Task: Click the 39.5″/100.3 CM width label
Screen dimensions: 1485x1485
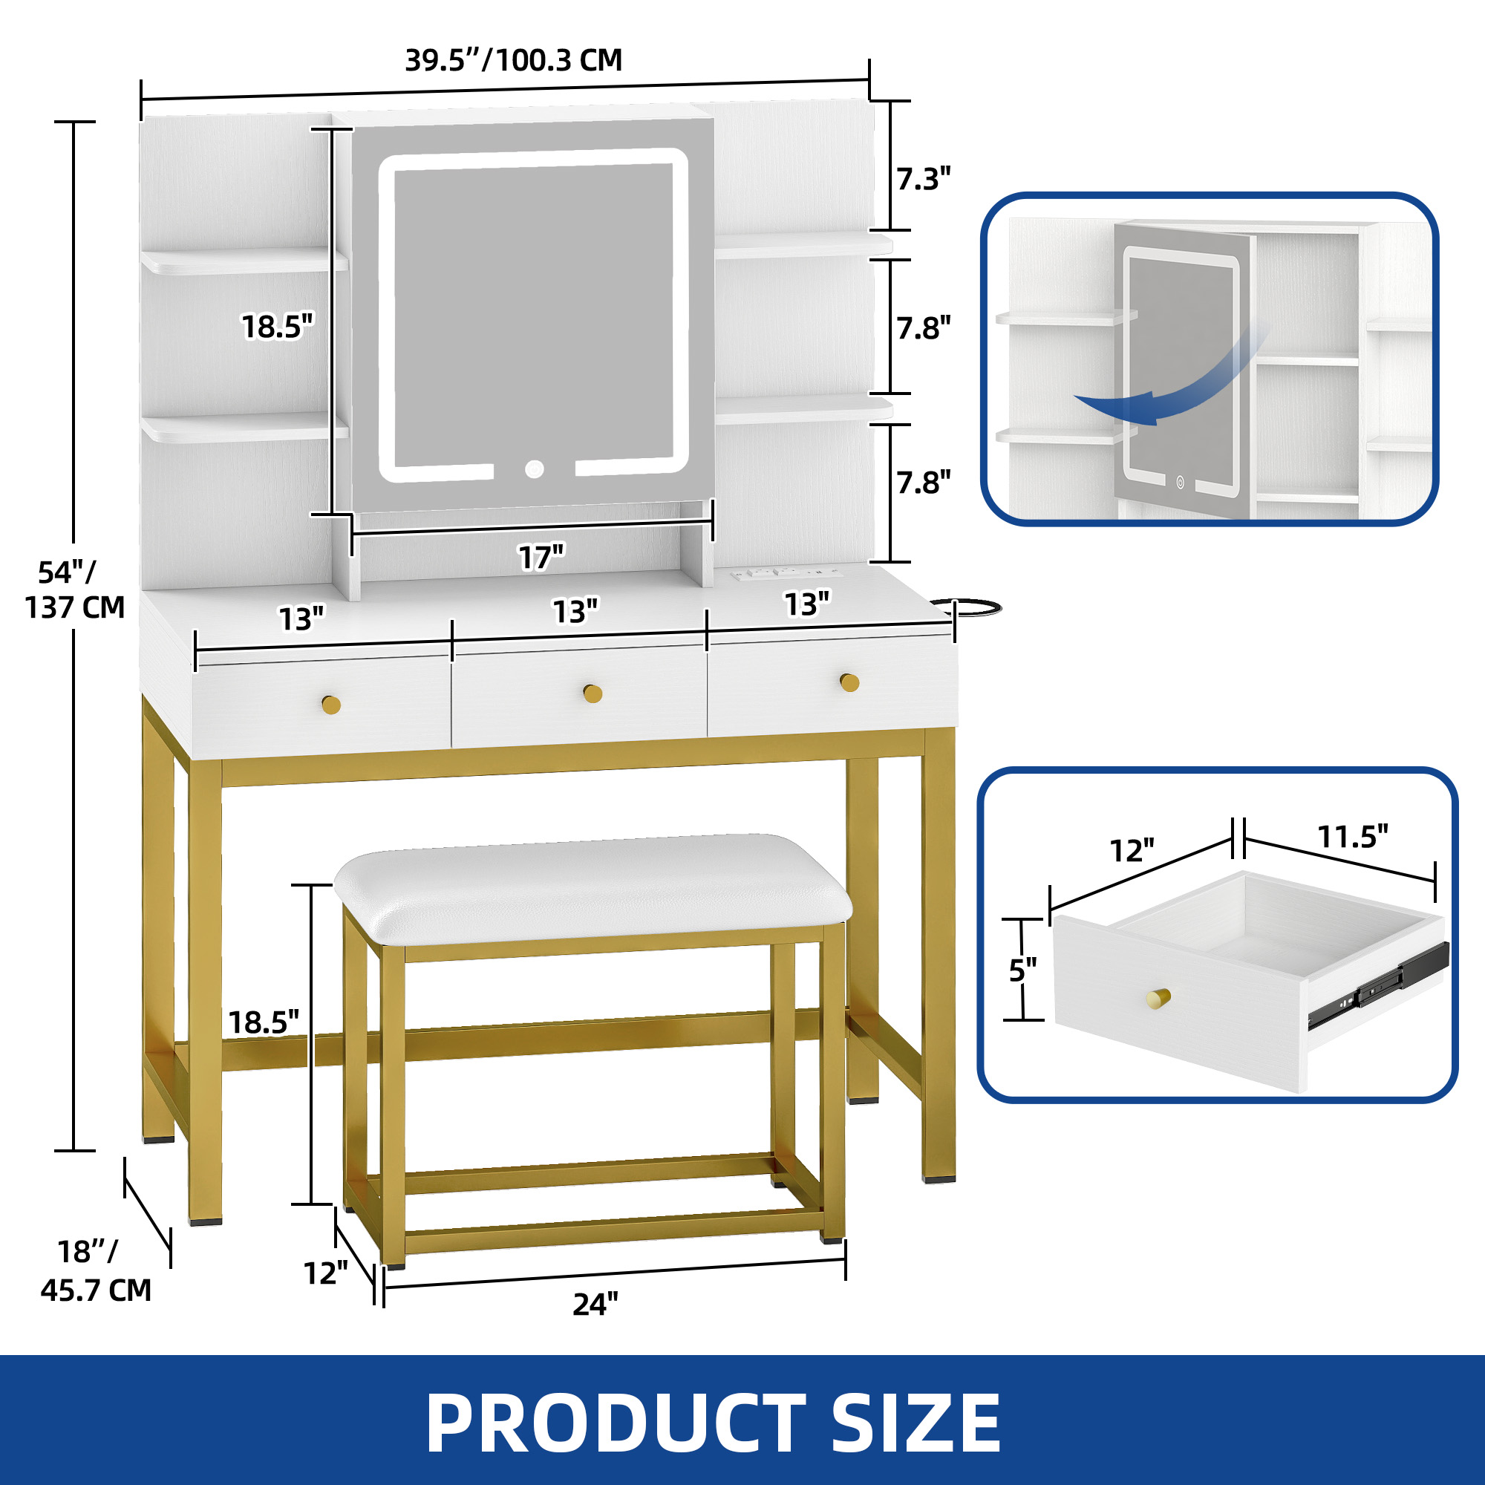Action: pos(514,60)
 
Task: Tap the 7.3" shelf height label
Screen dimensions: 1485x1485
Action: pos(924,179)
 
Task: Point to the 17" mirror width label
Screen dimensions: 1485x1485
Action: pos(541,556)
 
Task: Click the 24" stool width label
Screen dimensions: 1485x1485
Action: pos(595,1304)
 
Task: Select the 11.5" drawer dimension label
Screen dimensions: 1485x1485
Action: pos(1353,836)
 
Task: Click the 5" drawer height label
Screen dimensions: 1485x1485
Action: pos(1023,970)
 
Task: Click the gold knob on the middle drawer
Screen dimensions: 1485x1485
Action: pos(593,693)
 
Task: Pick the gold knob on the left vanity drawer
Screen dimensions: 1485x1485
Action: pos(331,704)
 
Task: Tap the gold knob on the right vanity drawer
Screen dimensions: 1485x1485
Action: pos(849,682)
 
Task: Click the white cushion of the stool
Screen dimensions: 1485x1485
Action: pos(593,889)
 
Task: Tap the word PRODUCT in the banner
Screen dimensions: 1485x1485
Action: pos(615,1423)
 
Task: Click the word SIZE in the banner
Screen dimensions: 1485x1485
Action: pos(916,1423)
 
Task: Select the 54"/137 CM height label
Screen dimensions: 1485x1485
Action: pos(74,590)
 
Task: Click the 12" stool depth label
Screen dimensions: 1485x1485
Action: pos(326,1273)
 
